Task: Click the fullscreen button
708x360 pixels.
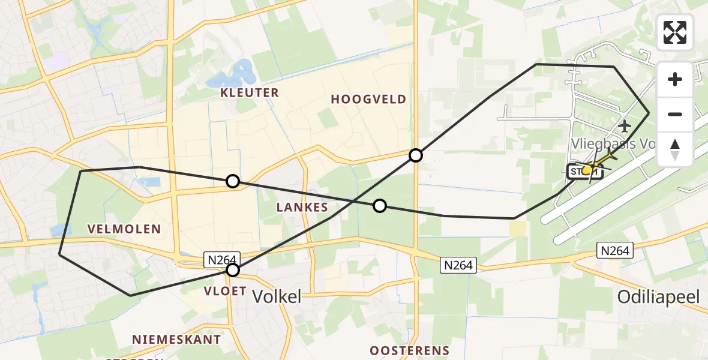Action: point(675,32)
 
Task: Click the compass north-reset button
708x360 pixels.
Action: point(675,149)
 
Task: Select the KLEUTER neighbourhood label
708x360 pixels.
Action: point(250,92)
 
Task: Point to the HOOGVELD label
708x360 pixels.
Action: point(368,99)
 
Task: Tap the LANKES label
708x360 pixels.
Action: point(302,208)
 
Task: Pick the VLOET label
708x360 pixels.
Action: point(226,291)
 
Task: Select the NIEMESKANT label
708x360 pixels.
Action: point(176,340)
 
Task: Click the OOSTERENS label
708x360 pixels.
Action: point(409,350)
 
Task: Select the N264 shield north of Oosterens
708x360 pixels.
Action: point(459,265)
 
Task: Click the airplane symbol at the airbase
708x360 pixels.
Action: point(625,127)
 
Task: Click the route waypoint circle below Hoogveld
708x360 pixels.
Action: point(416,156)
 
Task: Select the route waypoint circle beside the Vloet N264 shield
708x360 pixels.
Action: point(233,271)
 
